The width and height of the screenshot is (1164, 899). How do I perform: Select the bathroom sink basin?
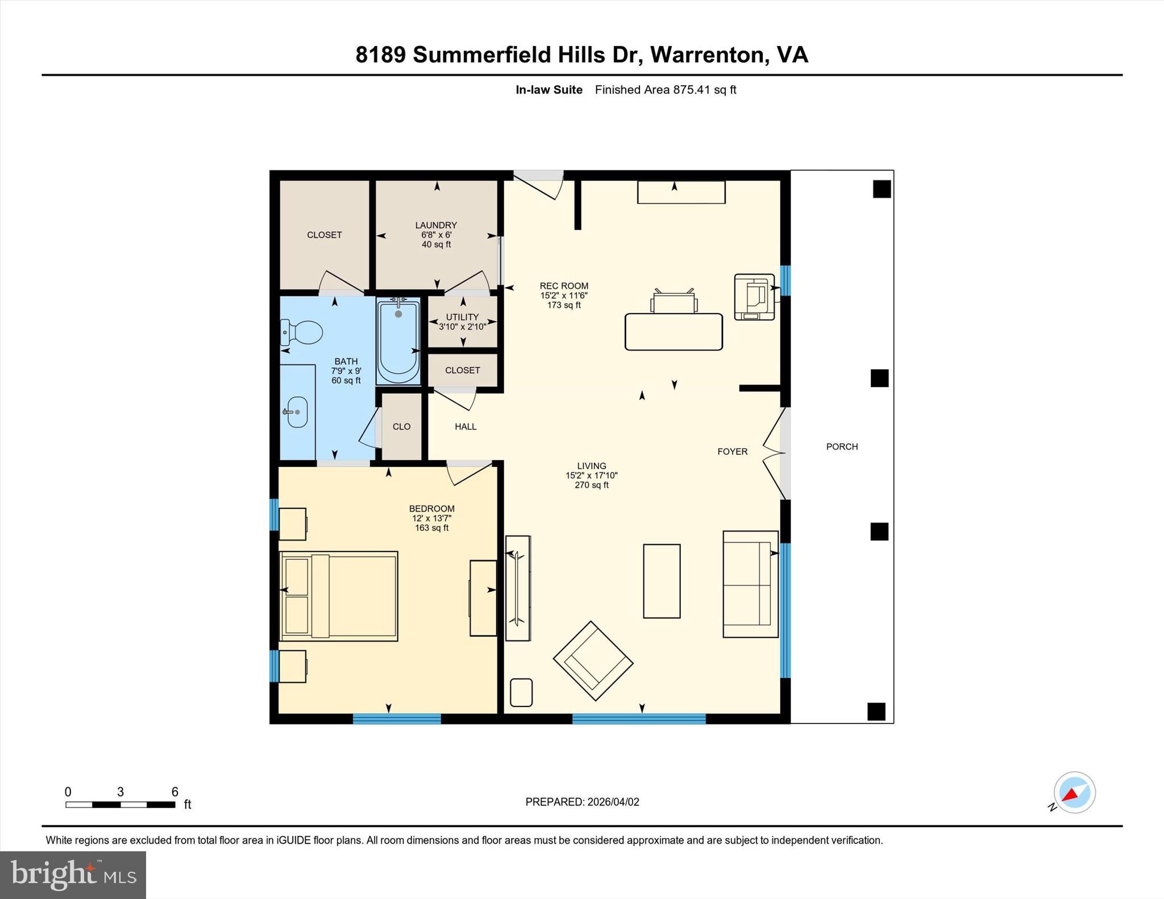[297, 412]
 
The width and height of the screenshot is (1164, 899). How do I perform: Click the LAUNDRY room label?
[436, 225]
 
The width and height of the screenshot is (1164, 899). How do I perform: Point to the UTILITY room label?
[462, 317]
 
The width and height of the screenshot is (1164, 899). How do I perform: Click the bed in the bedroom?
[339, 596]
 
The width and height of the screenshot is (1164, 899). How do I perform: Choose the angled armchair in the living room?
[593, 660]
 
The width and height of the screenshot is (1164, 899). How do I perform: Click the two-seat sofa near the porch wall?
[750, 584]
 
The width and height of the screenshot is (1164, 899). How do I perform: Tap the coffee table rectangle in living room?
[662, 581]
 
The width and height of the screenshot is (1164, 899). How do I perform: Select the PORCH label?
[842, 447]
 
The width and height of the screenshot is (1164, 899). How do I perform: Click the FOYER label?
[732, 451]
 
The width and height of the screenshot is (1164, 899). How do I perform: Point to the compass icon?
[1074, 793]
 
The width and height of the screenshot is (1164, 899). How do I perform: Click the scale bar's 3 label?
[120, 792]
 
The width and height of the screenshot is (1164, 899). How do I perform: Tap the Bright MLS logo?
[73, 875]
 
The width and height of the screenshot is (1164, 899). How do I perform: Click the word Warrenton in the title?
[706, 55]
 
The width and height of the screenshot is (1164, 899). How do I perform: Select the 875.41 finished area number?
[692, 90]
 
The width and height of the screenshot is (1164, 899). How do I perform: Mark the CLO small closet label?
[401, 426]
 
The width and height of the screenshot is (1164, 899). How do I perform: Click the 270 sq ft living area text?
[591, 485]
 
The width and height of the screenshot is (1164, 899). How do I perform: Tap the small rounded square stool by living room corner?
[521, 692]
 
